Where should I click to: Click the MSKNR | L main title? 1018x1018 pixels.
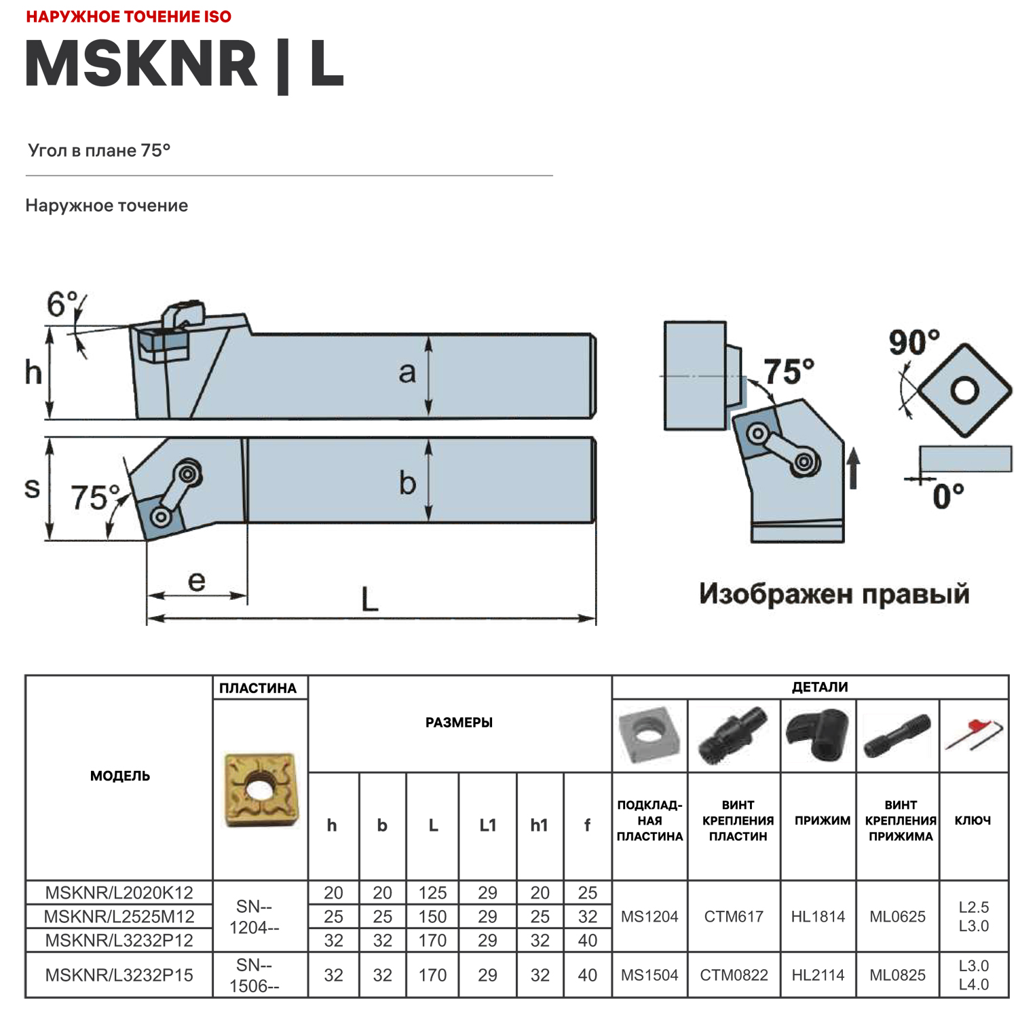185,64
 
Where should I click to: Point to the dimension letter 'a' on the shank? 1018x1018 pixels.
407,373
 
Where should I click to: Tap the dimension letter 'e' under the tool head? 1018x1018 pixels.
196,581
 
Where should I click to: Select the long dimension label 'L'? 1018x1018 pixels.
369,600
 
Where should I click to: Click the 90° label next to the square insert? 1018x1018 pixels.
913,342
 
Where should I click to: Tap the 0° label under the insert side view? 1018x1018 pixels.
947,497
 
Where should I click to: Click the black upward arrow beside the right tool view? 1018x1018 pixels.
854,468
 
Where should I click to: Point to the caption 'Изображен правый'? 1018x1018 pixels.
834,594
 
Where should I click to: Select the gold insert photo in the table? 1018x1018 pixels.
260,789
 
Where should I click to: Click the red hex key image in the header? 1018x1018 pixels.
974,735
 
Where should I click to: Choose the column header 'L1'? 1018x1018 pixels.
487,825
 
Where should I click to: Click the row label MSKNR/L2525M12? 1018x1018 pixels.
119,917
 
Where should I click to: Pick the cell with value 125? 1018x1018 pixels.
432,892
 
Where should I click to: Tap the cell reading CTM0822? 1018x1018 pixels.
734,975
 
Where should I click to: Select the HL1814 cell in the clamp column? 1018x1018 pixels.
818,917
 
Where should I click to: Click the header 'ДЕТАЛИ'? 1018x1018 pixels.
819,687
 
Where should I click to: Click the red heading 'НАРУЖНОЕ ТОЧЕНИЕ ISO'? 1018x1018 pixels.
129,16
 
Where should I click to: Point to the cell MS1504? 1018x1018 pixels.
649,975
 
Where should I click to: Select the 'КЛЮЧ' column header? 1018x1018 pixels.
973,821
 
